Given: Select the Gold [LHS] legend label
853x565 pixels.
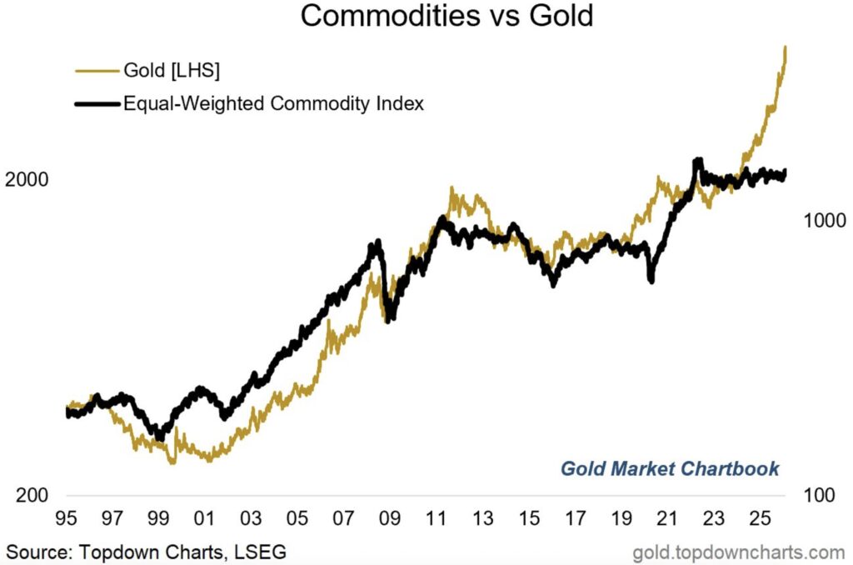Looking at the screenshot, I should click(x=172, y=72).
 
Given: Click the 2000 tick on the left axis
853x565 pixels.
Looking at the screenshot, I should click(x=27, y=180).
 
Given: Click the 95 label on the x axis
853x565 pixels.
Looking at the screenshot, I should click(x=66, y=518).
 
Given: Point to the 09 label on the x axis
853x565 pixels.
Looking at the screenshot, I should click(x=390, y=518).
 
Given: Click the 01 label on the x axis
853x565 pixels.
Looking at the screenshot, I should click(x=205, y=518).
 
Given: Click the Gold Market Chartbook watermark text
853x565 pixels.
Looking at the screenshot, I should click(x=670, y=467).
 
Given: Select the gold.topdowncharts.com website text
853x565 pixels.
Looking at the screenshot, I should click(x=739, y=552).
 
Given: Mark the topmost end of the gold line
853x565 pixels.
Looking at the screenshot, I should click(x=786, y=48).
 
